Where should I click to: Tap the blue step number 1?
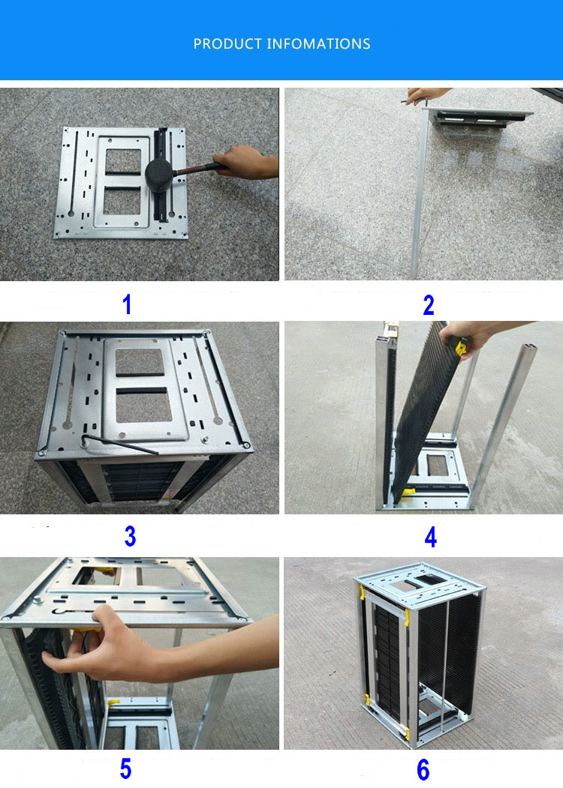coord(127,305)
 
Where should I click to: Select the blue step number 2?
coord(429,305)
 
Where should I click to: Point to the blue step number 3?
coord(130,536)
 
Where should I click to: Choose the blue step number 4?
coord(430,537)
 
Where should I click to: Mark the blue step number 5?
coord(125,769)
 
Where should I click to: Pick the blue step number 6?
coord(423,769)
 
